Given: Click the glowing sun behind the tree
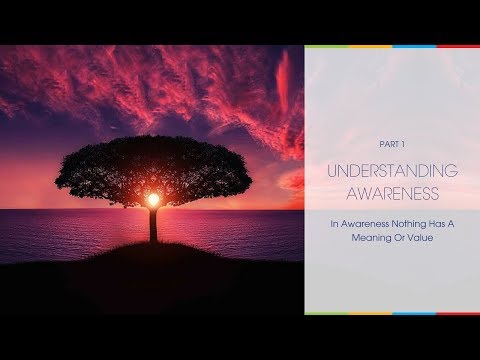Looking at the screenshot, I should point(154,200).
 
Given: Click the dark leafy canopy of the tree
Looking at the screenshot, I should point(150,165).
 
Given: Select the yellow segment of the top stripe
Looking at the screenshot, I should point(370,46).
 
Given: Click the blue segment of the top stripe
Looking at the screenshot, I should point(414,46).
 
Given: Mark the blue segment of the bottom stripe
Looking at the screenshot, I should point(414,313).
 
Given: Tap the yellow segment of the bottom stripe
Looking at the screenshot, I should point(370,313).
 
